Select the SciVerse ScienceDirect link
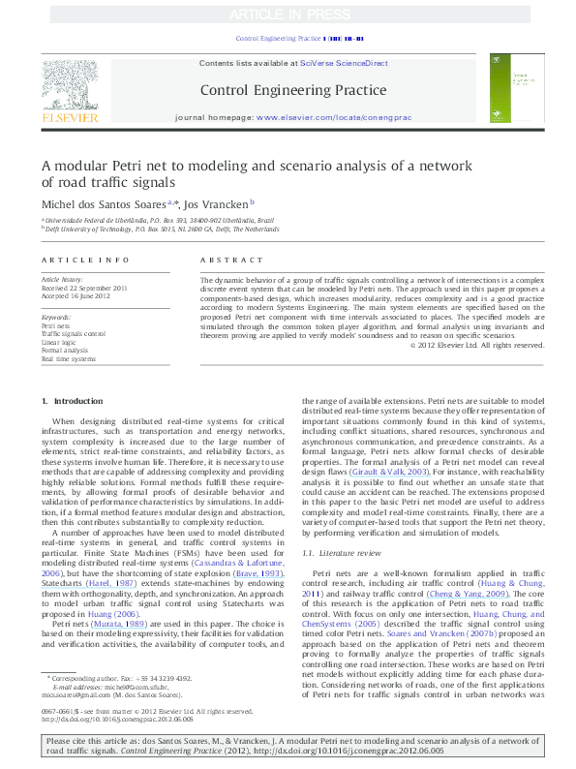click(344, 63)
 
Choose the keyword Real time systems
click(68, 358)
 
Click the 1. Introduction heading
click(73, 427)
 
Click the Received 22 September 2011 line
click(84, 289)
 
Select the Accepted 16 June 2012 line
click(76, 296)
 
